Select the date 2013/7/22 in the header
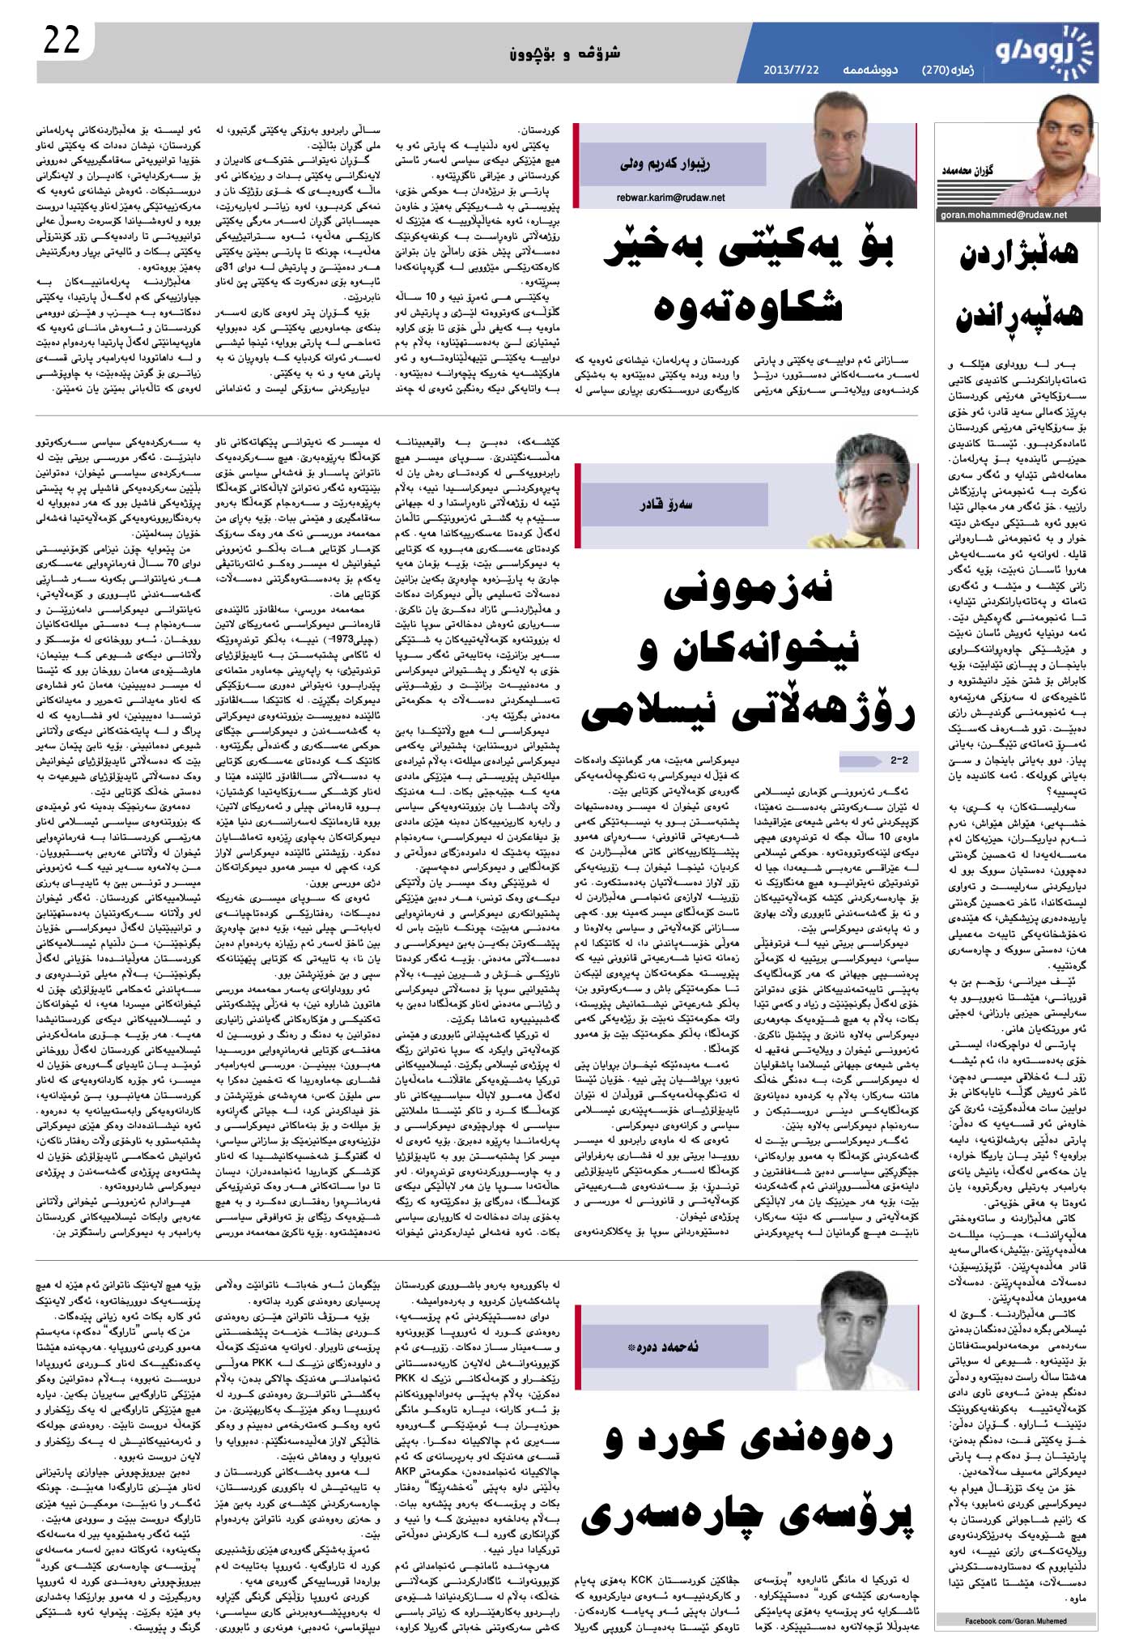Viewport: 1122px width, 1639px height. coord(791,70)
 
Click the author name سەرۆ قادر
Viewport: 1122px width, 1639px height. coord(666,504)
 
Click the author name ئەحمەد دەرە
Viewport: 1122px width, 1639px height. coord(669,1346)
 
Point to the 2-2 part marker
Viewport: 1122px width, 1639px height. coord(899,761)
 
